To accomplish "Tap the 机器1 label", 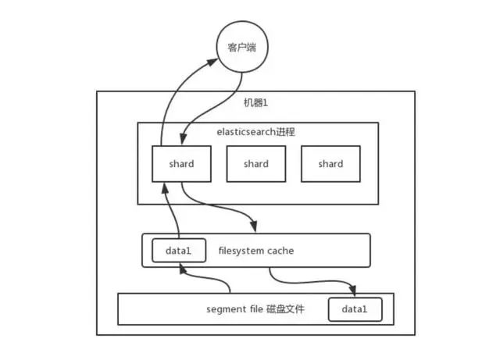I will tap(255, 103).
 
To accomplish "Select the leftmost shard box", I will tap(180, 164).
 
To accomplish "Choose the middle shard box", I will tap(255, 164).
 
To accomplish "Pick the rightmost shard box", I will tap(330, 164).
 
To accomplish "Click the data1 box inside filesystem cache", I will tap(179, 250).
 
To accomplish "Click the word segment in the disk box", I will tap(225, 310).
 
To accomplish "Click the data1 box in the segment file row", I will tap(355, 310).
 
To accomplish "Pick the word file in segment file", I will tap(254, 310).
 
